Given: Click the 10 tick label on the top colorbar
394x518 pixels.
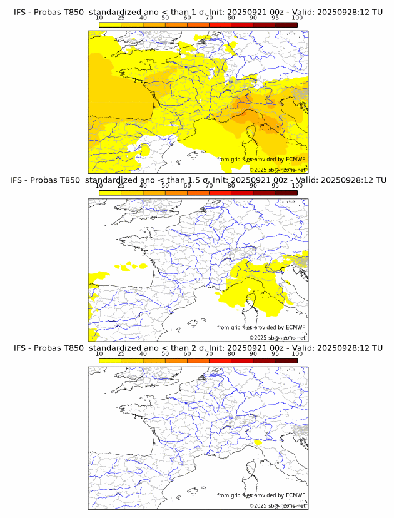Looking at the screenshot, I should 99,18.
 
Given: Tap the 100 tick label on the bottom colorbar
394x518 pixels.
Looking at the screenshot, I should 297,353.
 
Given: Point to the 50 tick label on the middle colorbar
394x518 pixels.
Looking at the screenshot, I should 165,186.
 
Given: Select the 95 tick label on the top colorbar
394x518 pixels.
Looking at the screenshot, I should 275,18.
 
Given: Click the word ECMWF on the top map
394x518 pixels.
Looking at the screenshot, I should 295,160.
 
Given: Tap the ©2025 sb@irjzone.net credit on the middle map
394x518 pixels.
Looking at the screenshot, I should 277,338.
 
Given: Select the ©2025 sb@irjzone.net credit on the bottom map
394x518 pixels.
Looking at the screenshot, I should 277,505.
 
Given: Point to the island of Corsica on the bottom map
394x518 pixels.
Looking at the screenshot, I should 253,469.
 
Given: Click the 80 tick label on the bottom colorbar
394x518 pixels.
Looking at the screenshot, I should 231,353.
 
